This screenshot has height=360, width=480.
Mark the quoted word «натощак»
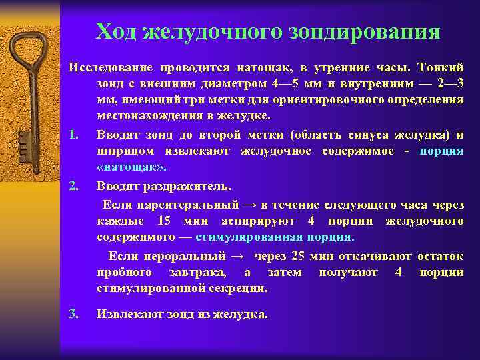click(132, 167)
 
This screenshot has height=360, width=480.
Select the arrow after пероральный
click(236, 257)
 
